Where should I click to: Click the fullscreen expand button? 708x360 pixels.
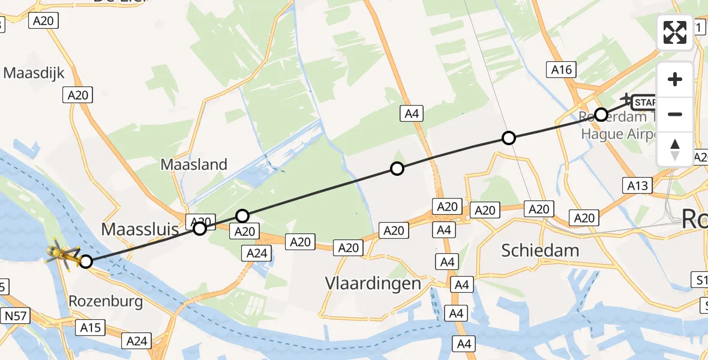[675, 32]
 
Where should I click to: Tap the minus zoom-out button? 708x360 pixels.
[675, 114]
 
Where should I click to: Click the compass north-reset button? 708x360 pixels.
[675, 149]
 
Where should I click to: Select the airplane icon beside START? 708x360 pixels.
[626, 98]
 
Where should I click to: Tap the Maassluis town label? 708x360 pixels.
[141, 229]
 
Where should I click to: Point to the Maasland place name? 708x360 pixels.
[194, 164]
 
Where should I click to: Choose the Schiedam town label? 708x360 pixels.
[540, 250]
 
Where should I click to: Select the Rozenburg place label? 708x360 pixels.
[106, 301]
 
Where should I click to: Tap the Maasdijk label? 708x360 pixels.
[34, 73]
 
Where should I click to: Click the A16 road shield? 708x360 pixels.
[562, 70]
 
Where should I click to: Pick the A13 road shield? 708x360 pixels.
[638, 185]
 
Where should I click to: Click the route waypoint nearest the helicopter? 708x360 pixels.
[86, 262]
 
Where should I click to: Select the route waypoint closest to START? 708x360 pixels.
[601, 115]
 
